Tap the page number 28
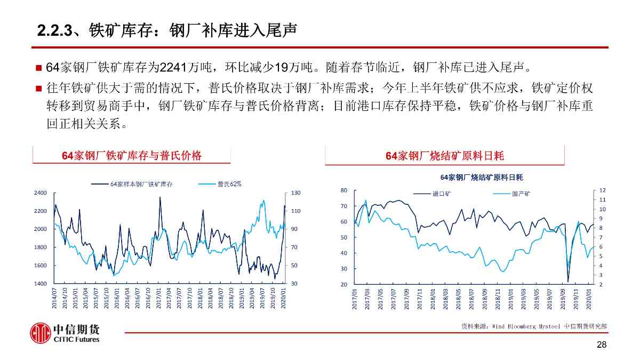[x=602, y=345]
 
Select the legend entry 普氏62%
[x=229, y=184]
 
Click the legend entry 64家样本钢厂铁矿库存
[x=141, y=184]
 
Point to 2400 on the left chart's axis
[x=41, y=193]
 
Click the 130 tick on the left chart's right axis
[x=296, y=193]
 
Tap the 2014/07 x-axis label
[x=54, y=298]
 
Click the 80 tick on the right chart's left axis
[x=344, y=190]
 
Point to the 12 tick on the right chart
[x=602, y=190]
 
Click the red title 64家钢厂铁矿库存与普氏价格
[x=132, y=156]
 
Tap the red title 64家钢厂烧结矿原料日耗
[x=444, y=156]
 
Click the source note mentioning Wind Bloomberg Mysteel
[x=534, y=325]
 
